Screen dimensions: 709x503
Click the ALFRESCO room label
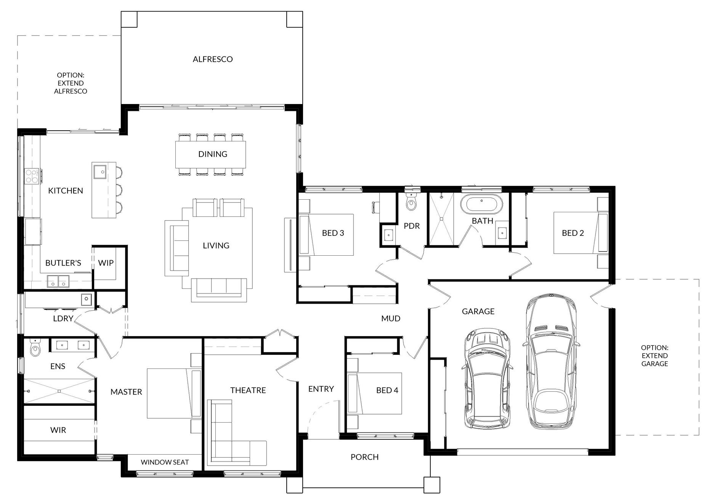point(213,59)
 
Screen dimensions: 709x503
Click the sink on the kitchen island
point(100,171)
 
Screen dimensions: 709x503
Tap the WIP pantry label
point(106,263)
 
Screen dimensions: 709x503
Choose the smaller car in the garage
point(486,380)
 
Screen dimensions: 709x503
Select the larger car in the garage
point(551,362)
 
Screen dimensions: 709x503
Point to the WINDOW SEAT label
point(165,462)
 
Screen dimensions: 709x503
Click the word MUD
point(391,318)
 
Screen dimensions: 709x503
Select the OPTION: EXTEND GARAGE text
point(654,356)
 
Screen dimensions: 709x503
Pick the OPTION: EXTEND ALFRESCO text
point(71,83)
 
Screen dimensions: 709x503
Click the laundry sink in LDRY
point(87,300)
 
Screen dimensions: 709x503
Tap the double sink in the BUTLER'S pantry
point(58,281)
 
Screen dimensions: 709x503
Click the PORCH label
point(364,457)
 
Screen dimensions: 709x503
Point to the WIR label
point(58,430)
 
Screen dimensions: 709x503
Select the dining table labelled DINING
point(210,154)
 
